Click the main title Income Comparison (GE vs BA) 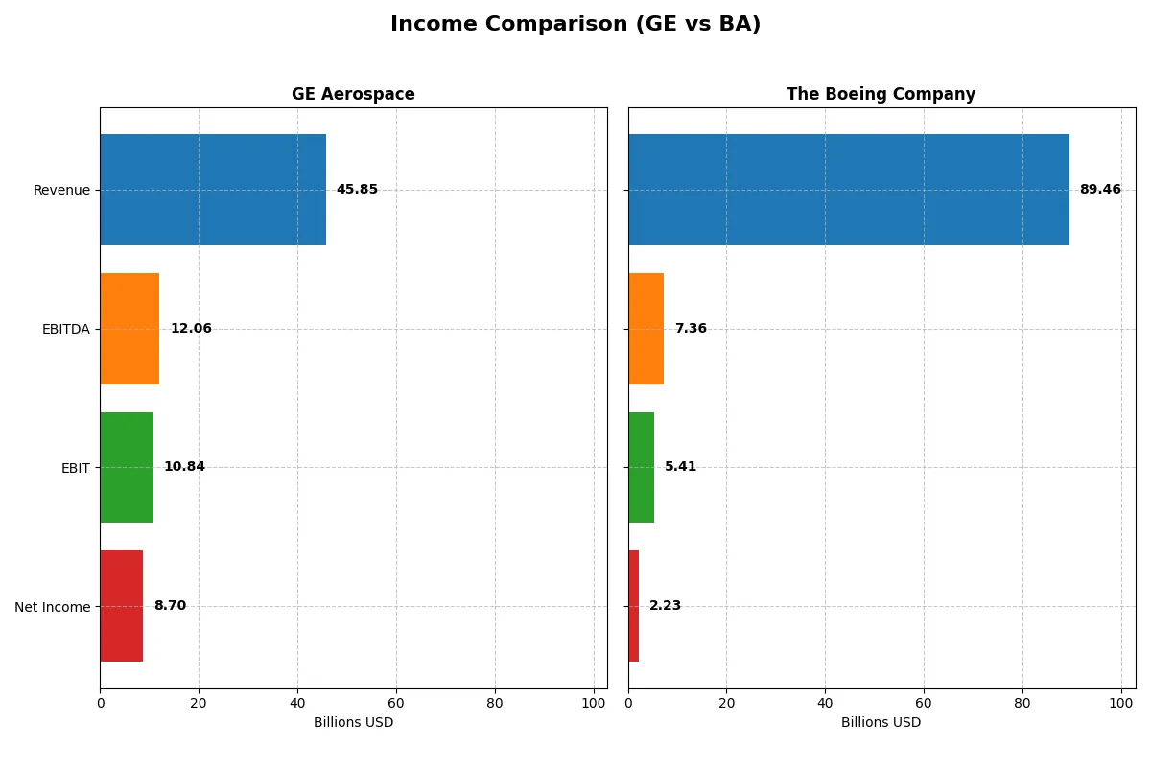coord(575,25)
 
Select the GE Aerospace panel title coord(353,94)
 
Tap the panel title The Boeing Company coord(881,94)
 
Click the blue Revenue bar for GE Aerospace coord(213,190)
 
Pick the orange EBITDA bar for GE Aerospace coord(129,329)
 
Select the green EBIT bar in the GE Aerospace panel coord(127,467)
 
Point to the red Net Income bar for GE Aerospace coord(122,606)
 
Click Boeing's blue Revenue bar coord(848,190)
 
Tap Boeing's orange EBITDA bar coord(646,329)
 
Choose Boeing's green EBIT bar coord(641,467)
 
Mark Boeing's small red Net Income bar coord(633,606)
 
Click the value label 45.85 coord(357,190)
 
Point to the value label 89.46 coord(1099,190)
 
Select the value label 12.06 coord(191,329)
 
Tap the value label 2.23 coord(665,606)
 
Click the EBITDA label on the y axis coord(65,329)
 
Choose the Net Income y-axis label coord(53,606)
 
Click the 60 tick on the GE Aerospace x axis coord(396,703)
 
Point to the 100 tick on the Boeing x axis coord(1120,703)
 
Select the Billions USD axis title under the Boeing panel coord(881,723)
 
